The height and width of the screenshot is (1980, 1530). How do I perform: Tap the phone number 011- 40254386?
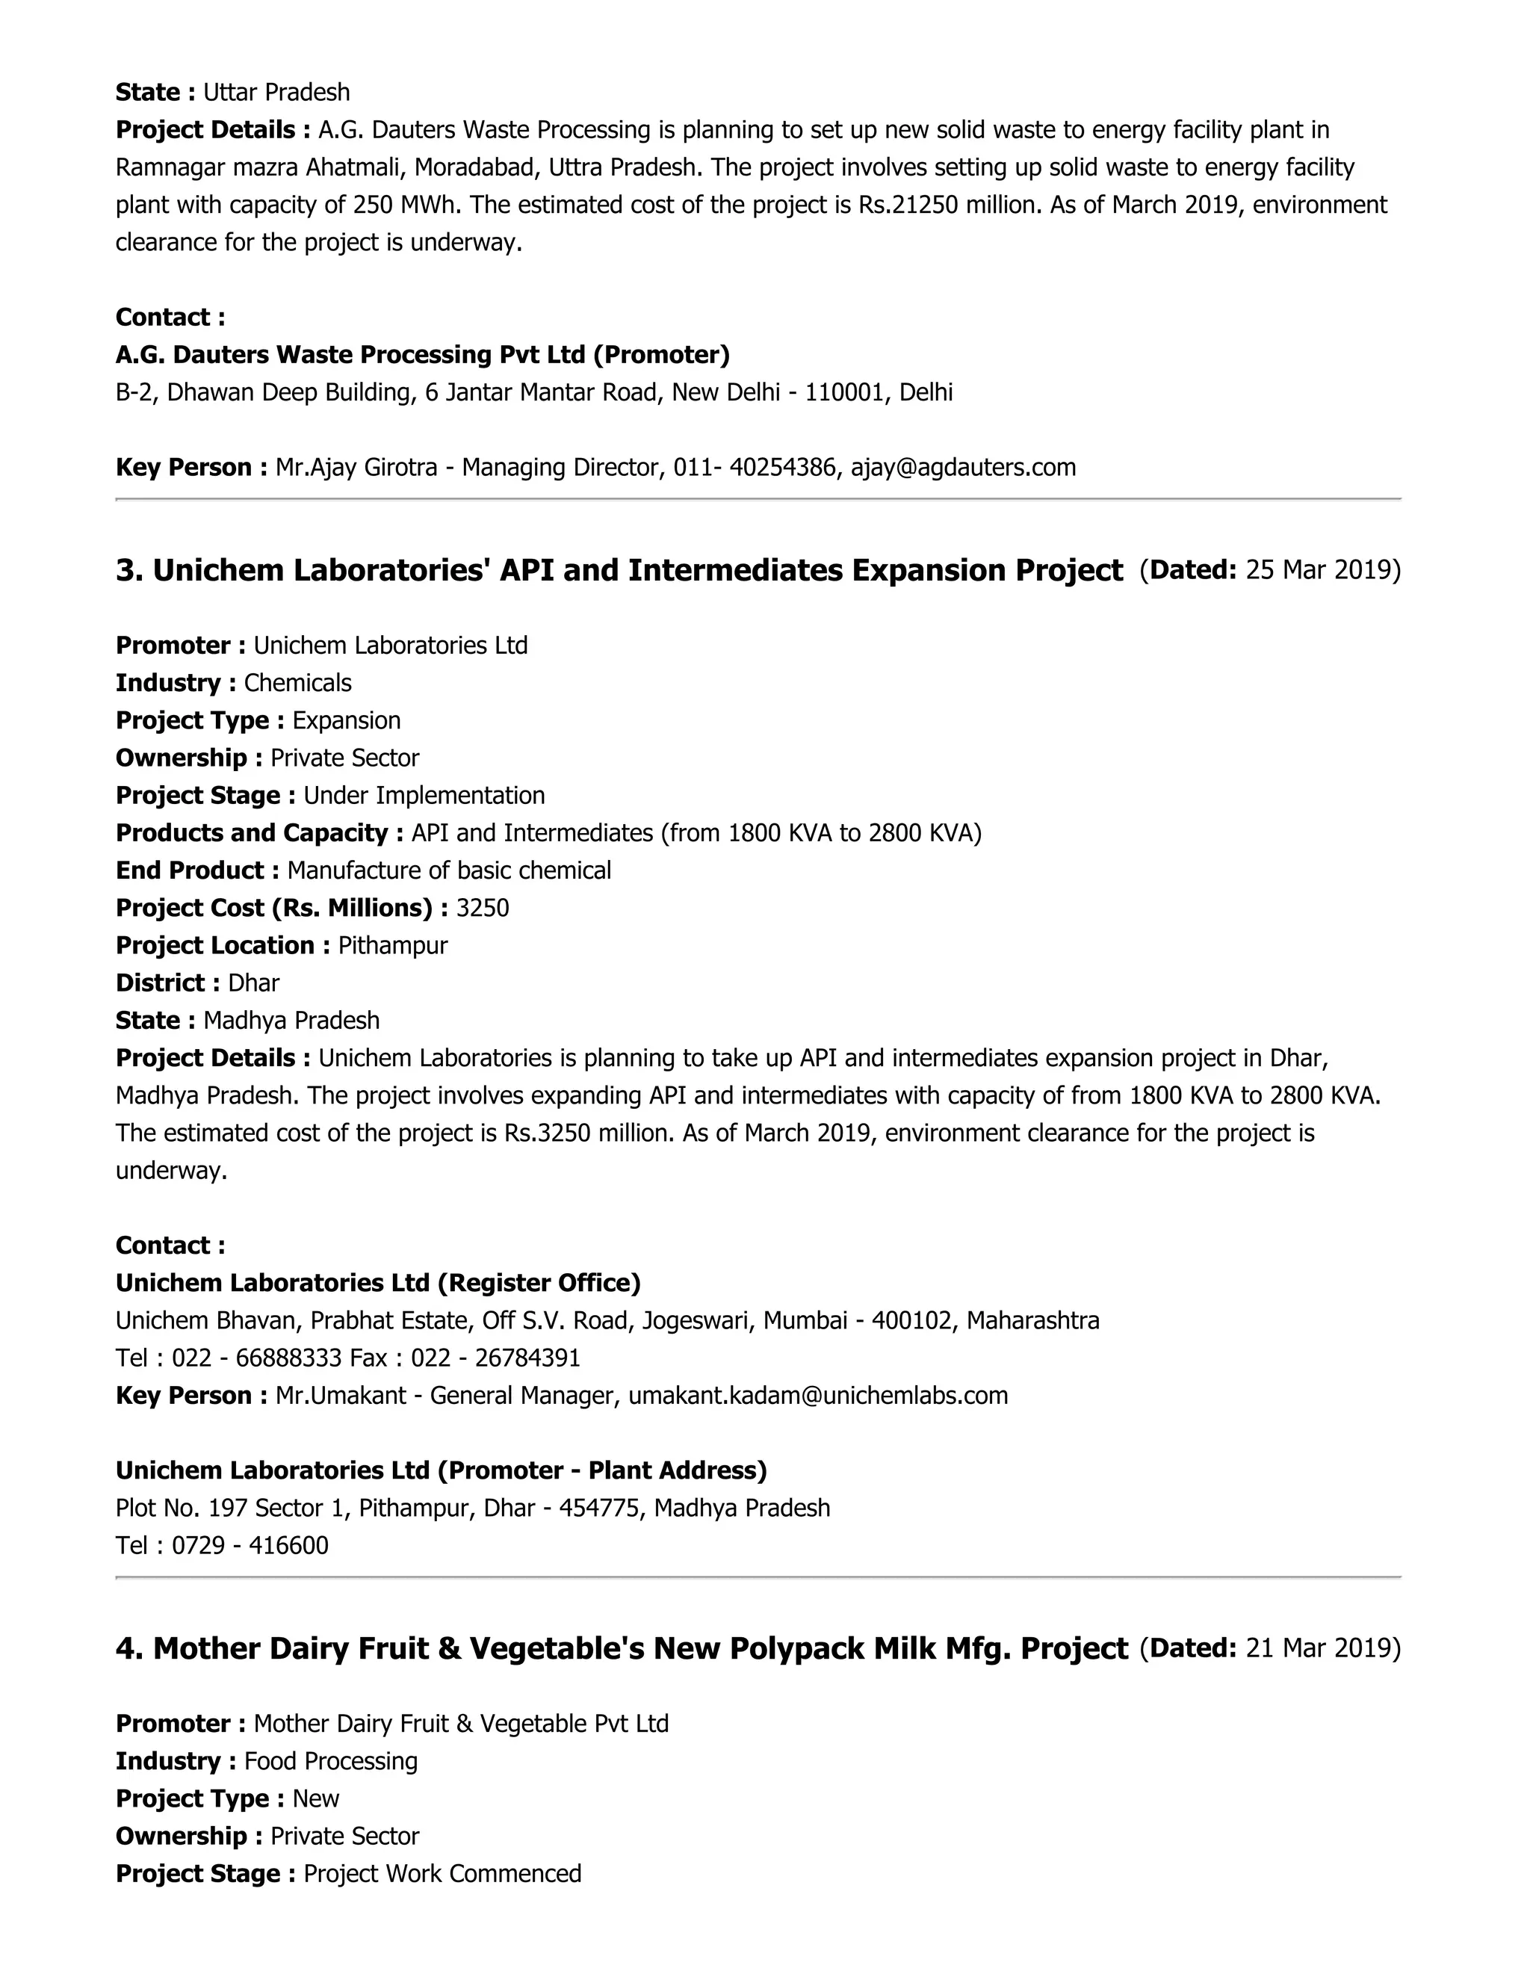(x=754, y=468)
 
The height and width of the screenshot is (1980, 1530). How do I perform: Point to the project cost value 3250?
(x=482, y=909)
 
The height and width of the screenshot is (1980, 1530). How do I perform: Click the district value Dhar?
(x=254, y=984)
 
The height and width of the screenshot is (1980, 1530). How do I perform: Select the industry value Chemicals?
(x=297, y=684)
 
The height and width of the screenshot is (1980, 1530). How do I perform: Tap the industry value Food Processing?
(x=331, y=1762)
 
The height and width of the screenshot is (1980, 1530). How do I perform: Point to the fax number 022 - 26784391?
(x=496, y=1358)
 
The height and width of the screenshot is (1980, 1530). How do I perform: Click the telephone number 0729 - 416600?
(x=250, y=1546)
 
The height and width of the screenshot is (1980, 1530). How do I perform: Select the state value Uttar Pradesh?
(x=276, y=93)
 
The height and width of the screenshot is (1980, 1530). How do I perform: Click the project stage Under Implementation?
(x=424, y=796)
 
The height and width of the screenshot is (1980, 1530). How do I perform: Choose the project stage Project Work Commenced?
(x=442, y=1874)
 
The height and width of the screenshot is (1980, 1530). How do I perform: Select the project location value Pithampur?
(x=392, y=946)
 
